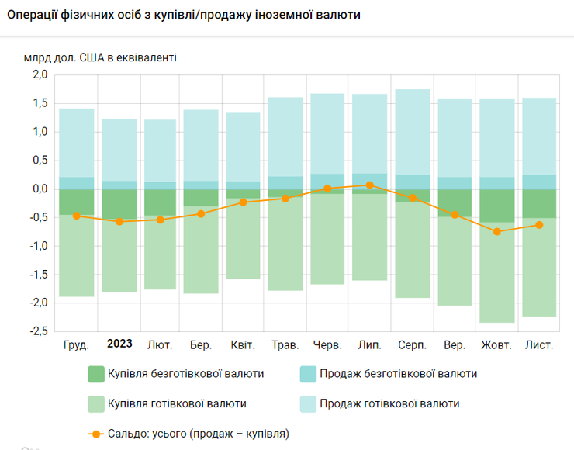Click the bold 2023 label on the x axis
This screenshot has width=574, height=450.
coord(119,344)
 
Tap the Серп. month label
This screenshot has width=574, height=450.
coord(412,344)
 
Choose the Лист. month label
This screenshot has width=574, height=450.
coord(539,344)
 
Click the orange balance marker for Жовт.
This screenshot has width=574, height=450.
coord(497,231)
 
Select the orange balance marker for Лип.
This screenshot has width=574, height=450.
coord(370,185)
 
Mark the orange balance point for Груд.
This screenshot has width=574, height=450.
coord(77,216)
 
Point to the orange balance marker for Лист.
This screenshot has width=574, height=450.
coord(539,225)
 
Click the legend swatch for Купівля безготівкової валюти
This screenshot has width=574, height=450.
coord(96,374)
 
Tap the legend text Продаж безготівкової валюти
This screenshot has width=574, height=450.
coord(398,374)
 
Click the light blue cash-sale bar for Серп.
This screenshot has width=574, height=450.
coord(412,132)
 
